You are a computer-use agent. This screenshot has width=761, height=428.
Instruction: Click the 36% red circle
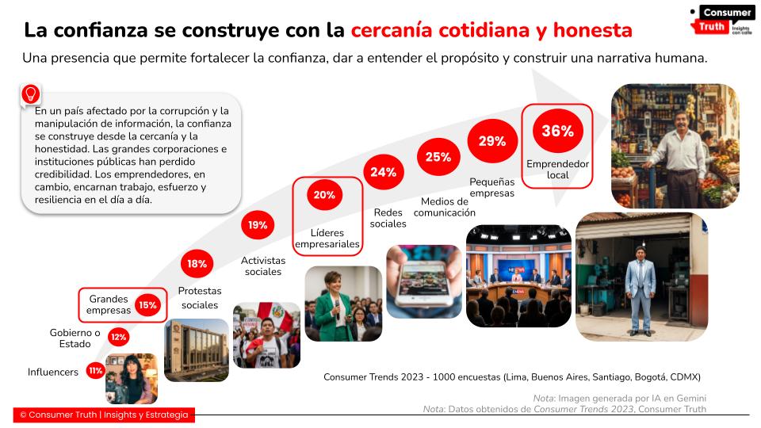pos(557,132)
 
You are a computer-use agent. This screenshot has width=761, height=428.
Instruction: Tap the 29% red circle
pos(491,141)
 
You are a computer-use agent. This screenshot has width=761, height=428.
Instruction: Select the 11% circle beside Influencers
pos(96,371)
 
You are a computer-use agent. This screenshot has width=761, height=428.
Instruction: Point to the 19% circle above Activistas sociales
pos(257,225)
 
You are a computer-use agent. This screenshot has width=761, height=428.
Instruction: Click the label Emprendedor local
pos(557,169)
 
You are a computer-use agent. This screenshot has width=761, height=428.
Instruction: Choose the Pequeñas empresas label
pos(491,187)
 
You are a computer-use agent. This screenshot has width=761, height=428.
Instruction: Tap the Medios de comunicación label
pos(448,207)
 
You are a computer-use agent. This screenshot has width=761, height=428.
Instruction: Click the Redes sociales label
pos(388,218)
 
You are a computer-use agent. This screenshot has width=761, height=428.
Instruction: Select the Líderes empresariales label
pos(327,239)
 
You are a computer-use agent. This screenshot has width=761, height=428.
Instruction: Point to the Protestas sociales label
pos(200,298)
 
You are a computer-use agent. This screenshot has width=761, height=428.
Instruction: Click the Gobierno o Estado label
pos(75,338)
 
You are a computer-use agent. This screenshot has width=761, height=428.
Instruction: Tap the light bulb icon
pos(31,94)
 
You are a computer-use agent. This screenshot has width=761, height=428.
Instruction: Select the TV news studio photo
pos(518,276)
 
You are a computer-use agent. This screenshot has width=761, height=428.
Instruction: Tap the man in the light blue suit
pos(641,285)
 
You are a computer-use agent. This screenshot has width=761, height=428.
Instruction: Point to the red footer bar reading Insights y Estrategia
pos(104,415)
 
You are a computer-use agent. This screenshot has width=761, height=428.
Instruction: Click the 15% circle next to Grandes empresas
pos(147,304)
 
